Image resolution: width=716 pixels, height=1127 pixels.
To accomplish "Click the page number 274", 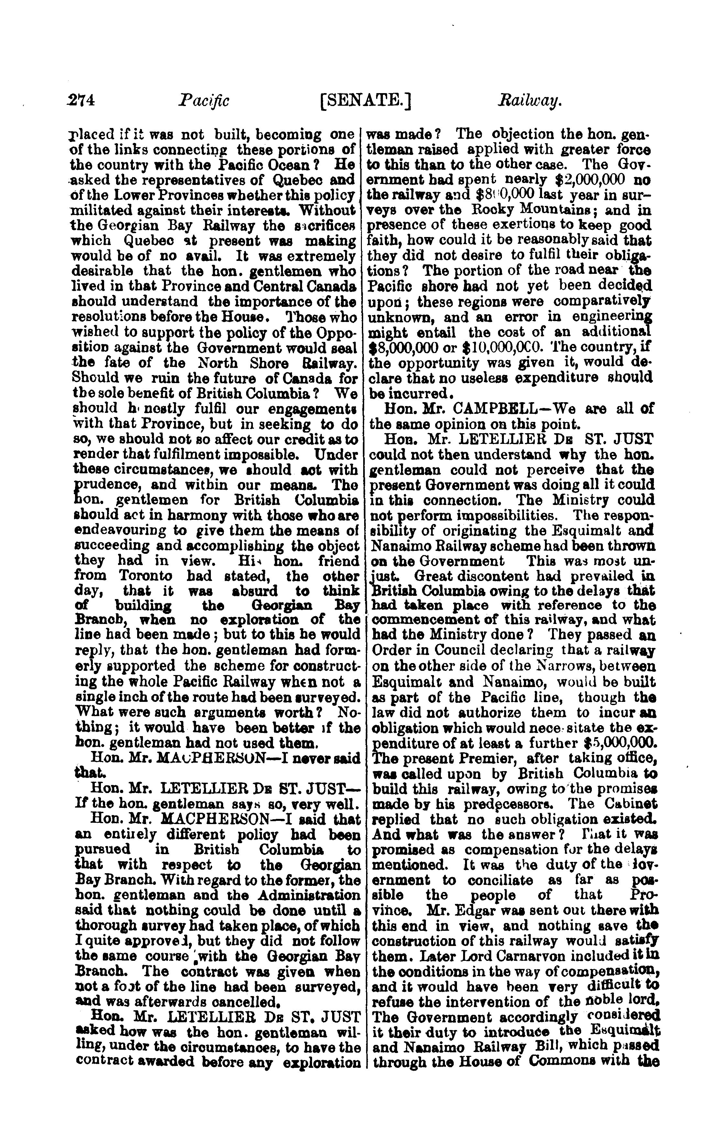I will tap(81, 101).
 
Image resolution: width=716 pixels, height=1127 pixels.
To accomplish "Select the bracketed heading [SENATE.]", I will tap(364, 101).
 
